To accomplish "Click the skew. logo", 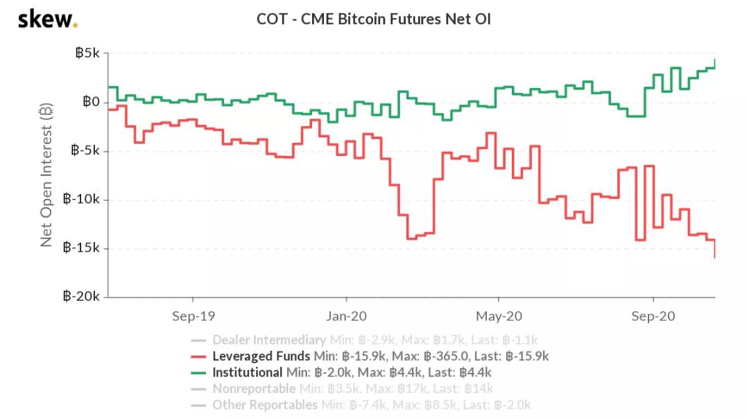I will (47, 19).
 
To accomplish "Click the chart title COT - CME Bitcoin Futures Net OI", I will (374, 19).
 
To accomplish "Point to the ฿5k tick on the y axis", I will (87, 54).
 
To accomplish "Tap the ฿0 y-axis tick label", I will (92, 103).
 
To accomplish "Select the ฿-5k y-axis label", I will (85, 151).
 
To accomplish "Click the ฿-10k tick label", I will (83, 200).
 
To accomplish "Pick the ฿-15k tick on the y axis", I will (83, 248).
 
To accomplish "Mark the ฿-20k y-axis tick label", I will (83, 297).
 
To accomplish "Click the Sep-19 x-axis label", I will (193, 316).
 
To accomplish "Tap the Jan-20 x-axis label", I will (346, 316).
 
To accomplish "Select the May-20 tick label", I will (499, 316).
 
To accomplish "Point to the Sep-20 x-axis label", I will (653, 316).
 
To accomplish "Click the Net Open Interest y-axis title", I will (46, 175).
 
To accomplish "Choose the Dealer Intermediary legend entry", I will (268, 340).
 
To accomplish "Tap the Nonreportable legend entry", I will (254, 389).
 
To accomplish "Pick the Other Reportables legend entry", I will (264, 405).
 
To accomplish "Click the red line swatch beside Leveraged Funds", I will (198, 356).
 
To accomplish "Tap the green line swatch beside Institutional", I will (198, 372).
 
